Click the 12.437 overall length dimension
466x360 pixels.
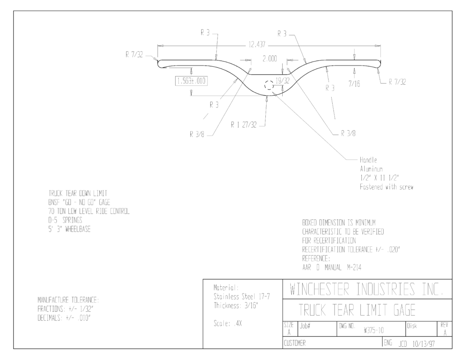(257, 45)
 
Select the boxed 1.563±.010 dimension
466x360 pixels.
(192, 81)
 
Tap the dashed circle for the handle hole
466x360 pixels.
(269, 85)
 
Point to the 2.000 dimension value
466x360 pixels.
(269, 59)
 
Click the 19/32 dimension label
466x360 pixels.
(282, 81)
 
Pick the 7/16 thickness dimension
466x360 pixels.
(354, 84)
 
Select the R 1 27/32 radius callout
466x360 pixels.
(244, 125)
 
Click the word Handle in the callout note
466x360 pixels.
(369, 160)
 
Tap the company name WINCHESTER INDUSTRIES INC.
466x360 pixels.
(367, 289)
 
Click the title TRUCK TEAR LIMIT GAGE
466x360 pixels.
(357, 310)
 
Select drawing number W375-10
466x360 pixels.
(374, 330)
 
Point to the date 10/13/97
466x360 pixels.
(424, 344)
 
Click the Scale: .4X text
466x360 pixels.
(228, 324)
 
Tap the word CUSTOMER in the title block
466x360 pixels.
(294, 343)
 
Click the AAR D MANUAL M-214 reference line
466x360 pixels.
(332, 267)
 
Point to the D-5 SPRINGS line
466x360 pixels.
(66, 220)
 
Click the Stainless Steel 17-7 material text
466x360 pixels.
(242, 297)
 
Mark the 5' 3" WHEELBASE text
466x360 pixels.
(70, 229)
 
